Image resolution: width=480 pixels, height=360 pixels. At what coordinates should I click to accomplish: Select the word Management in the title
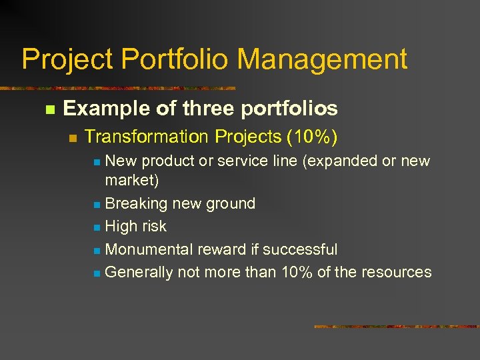pyautogui.click(x=322, y=59)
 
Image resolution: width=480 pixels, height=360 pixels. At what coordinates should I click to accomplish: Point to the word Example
pyautogui.click(x=96, y=109)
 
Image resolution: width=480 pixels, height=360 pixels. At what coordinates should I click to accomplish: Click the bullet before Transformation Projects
pyautogui.click(x=73, y=138)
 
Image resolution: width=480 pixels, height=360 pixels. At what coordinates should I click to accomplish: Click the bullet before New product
pyautogui.click(x=97, y=162)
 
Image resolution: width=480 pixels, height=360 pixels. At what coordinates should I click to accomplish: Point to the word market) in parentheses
pyautogui.click(x=132, y=181)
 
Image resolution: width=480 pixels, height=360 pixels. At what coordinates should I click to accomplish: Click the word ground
pyautogui.click(x=231, y=204)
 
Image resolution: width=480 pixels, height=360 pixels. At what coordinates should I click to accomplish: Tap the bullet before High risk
pyautogui.click(x=97, y=228)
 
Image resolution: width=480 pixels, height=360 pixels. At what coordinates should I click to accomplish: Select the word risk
pyautogui.click(x=154, y=227)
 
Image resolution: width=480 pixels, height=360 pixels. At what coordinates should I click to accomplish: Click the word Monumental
pyautogui.click(x=149, y=249)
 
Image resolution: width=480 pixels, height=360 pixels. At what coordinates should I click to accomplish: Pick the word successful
pyautogui.click(x=300, y=249)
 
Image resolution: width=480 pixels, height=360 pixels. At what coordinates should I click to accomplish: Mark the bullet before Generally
pyautogui.click(x=97, y=273)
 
